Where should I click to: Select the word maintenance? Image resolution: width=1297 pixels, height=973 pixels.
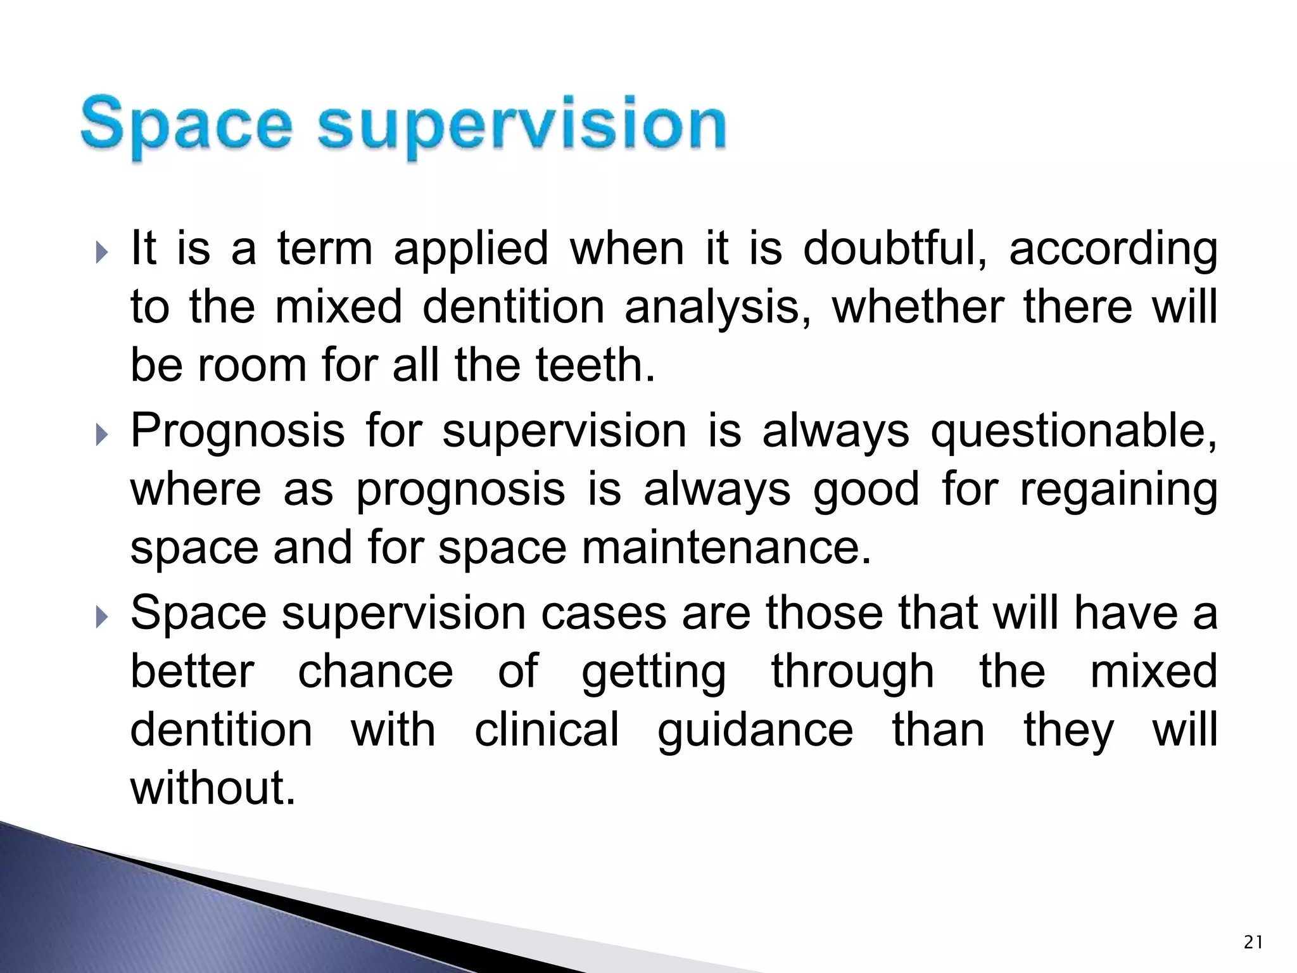(726, 549)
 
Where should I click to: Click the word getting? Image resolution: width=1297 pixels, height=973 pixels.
(654, 673)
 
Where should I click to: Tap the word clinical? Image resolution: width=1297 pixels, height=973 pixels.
(547, 730)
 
